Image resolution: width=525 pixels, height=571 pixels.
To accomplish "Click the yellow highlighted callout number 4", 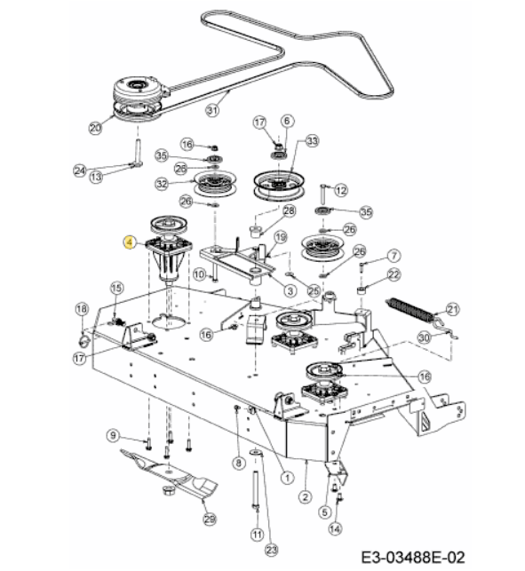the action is point(130,242).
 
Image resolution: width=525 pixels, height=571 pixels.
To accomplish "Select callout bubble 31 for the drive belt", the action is point(212,110).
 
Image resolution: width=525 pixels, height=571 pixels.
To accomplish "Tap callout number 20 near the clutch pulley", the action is point(95,128).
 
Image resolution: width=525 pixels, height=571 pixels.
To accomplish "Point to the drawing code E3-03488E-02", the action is point(413,558).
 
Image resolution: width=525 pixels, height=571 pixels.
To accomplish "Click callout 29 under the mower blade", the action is point(209,519).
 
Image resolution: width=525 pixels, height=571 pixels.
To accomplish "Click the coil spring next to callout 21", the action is point(409,311).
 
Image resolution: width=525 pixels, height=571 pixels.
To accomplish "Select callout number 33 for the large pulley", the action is point(313,141).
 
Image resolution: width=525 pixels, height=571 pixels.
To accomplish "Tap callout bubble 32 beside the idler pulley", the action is point(162,184).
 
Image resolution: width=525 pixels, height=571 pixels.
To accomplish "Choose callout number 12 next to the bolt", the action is point(341,190).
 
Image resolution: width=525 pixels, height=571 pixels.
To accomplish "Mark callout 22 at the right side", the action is point(394,274).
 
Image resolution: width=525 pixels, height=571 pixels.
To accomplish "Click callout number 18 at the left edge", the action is point(82,310).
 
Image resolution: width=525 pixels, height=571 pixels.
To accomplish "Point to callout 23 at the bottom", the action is point(272,550).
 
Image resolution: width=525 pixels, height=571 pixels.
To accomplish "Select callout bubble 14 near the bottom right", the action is point(335,528).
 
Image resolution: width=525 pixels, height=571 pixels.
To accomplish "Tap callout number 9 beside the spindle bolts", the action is point(114,435).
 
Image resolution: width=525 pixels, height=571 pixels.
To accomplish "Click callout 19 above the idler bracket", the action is point(280,237).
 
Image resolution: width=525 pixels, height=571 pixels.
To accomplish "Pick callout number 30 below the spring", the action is point(424,338).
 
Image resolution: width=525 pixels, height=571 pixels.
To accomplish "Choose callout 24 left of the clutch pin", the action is point(80,171).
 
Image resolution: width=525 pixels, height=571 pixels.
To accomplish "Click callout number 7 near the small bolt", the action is point(394,256).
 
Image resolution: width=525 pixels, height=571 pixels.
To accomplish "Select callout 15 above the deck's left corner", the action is point(116,289).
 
